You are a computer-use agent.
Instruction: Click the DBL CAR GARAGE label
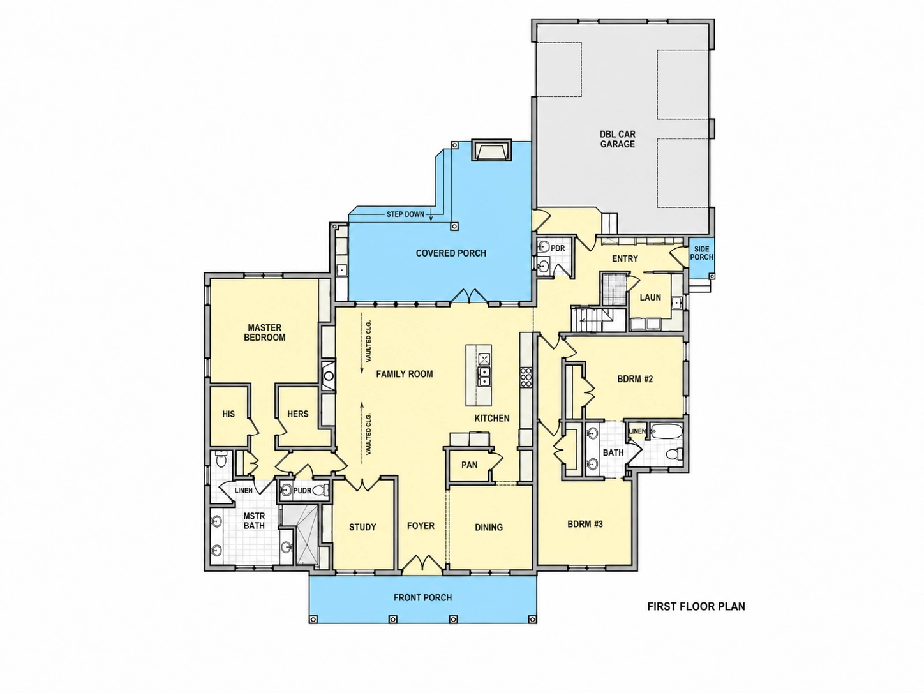tap(618, 139)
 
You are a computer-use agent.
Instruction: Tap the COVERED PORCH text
tap(451, 253)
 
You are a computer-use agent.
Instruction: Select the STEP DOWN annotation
tap(405, 214)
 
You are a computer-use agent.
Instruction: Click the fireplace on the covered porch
tap(491, 150)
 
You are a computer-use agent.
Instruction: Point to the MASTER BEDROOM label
tap(264, 332)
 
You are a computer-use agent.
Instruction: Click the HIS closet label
tap(228, 414)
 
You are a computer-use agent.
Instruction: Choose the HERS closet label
tap(297, 414)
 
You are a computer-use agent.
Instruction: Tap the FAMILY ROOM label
tap(404, 374)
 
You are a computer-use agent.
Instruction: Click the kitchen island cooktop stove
tap(526, 376)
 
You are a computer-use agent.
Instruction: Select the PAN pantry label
tap(470, 465)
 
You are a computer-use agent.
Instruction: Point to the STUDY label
tap(362, 527)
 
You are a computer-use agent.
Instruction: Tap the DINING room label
tap(489, 527)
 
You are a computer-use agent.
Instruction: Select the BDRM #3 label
tap(585, 525)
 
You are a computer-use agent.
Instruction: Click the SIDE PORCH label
tap(702, 253)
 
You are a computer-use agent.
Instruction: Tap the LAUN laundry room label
tap(650, 297)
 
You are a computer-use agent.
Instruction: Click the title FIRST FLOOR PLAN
tap(696, 606)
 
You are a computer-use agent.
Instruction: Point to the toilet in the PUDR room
tap(320, 490)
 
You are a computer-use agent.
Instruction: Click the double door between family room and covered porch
tap(470, 295)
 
